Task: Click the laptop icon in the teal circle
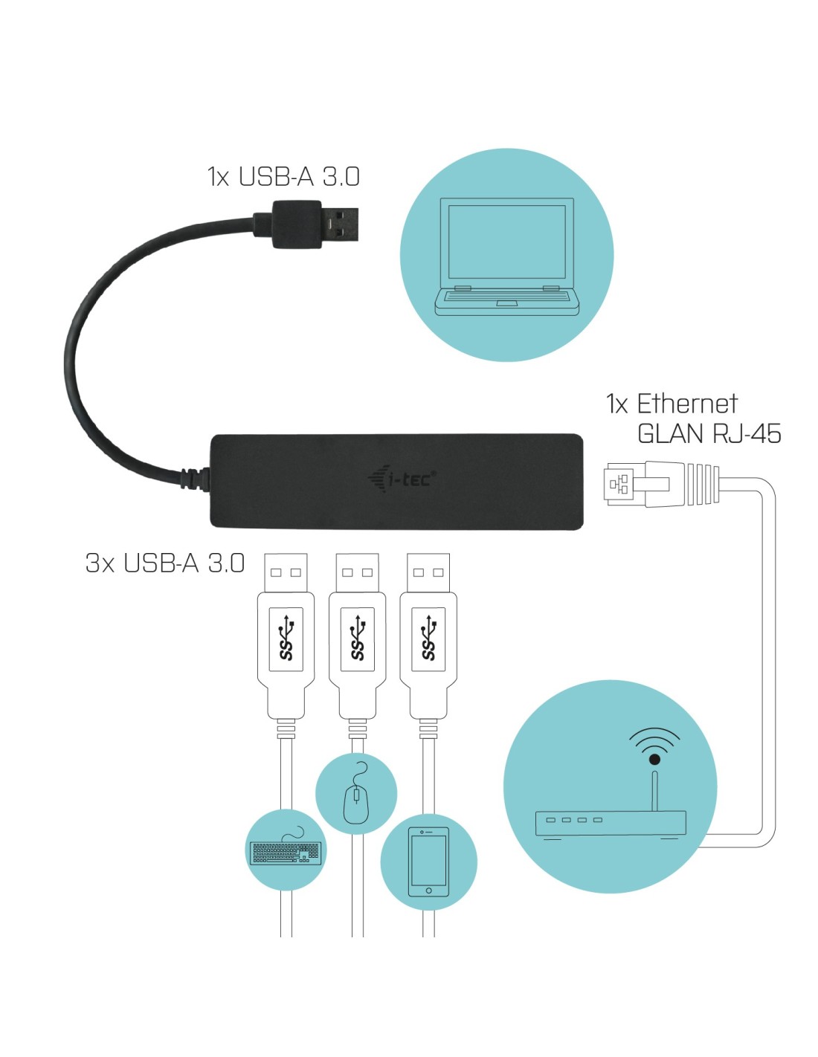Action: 506,256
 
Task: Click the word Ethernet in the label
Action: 687,404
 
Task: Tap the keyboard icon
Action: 286,852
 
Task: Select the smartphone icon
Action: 428,862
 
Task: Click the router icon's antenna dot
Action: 654,759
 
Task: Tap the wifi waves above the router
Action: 654,738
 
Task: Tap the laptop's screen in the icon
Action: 507,242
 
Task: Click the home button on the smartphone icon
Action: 428,890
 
